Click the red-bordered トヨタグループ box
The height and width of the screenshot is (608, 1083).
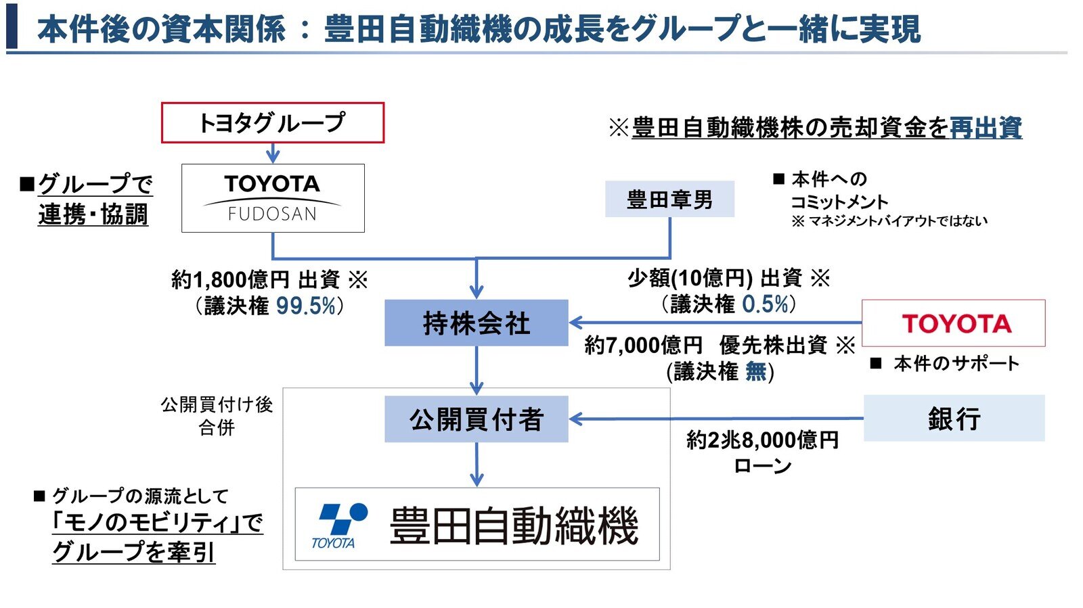click(272, 122)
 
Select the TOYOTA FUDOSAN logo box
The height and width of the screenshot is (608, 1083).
click(273, 198)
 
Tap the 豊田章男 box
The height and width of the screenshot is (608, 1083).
click(669, 200)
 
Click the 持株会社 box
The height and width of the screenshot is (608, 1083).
click(476, 323)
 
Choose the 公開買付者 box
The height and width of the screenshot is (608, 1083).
click(476, 419)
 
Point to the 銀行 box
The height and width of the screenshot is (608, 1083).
click(954, 419)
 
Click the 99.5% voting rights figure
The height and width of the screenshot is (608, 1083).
click(306, 306)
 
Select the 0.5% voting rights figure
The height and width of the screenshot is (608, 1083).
click(766, 304)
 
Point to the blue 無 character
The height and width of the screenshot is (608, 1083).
click(755, 371)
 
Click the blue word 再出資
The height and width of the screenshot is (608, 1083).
click(986, 128)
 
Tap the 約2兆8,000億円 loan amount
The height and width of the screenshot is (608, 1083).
click(762, 440)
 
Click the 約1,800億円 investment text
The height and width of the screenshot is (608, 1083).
click(230, 279)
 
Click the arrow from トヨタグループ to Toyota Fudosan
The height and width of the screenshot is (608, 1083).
click(273, 153)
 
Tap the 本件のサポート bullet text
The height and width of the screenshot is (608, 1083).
click(956, 364)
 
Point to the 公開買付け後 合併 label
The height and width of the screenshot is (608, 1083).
click(217, 415)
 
